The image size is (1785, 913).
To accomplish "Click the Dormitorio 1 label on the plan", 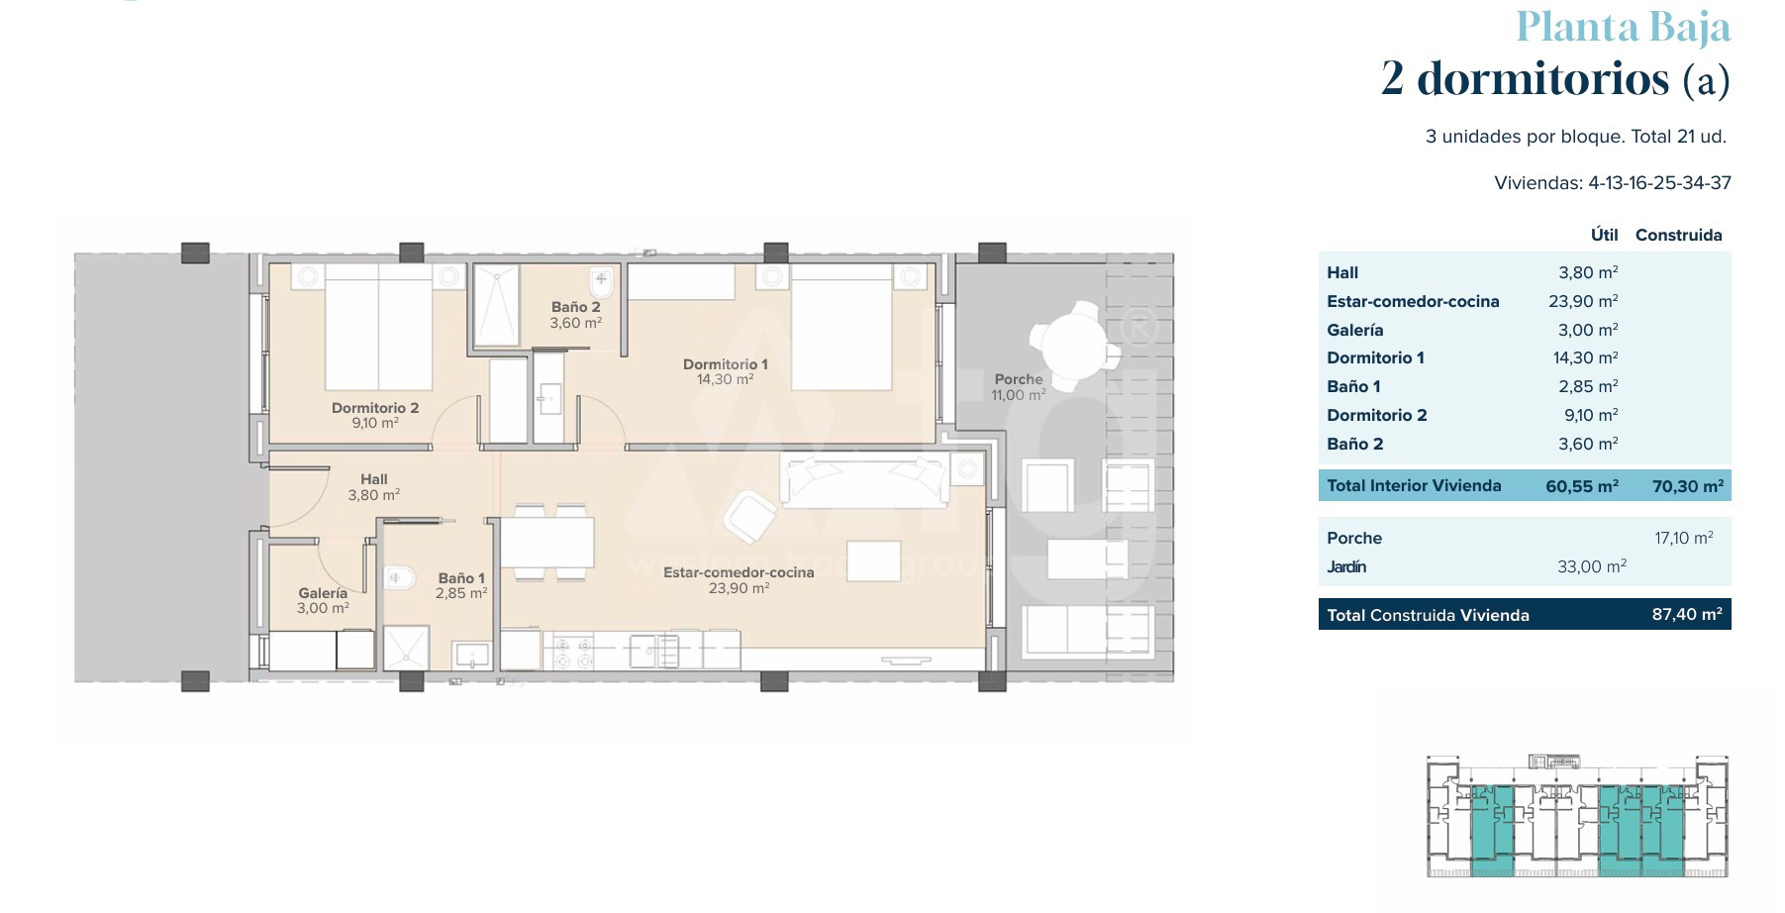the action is tap(725, 364).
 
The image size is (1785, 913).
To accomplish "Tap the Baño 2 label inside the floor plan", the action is tap(576, 307).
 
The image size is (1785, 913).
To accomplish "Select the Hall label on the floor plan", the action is tap(374, 479).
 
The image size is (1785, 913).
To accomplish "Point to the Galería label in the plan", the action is tap(323, 593).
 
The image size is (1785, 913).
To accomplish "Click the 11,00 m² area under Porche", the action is tap(1019, 395).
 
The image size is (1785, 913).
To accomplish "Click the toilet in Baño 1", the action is tap(399, 577).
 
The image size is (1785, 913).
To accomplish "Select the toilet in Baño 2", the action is tap(602, 283).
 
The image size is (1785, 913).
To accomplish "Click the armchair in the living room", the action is tap(749, 516).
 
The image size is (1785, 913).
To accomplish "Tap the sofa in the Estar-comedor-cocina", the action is tap(865, 480).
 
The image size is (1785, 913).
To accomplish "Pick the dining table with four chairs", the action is tap(546, 542).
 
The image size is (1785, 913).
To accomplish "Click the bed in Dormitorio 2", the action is tap(378, 327).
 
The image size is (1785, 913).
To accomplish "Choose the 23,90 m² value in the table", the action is tap(1583, 302).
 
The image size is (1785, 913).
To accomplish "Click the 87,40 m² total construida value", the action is tap(1687, 614).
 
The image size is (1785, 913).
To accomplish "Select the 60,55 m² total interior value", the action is tap(1582, 486).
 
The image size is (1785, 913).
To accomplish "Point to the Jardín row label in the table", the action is tap(1346, 566).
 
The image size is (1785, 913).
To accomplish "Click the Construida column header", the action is tap(1678, 235).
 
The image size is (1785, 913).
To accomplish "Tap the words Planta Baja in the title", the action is tap(1623, 27).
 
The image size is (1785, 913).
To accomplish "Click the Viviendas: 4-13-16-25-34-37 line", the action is tap(1613, 183).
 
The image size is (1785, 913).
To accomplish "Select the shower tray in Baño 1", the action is tap(406, 648).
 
